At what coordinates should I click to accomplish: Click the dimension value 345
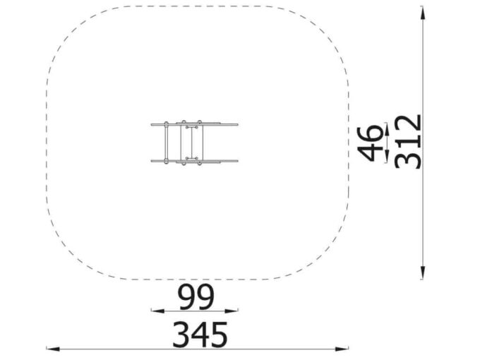200,335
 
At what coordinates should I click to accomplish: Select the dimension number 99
196,297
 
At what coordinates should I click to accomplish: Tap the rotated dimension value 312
409,141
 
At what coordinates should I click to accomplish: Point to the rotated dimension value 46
371,143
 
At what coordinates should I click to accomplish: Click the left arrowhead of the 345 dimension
53,349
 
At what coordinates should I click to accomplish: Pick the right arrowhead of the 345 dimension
342,349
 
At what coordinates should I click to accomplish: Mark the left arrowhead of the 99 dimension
157,311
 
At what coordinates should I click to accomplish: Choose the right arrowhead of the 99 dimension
232,311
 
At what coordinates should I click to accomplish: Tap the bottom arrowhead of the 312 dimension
422,272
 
